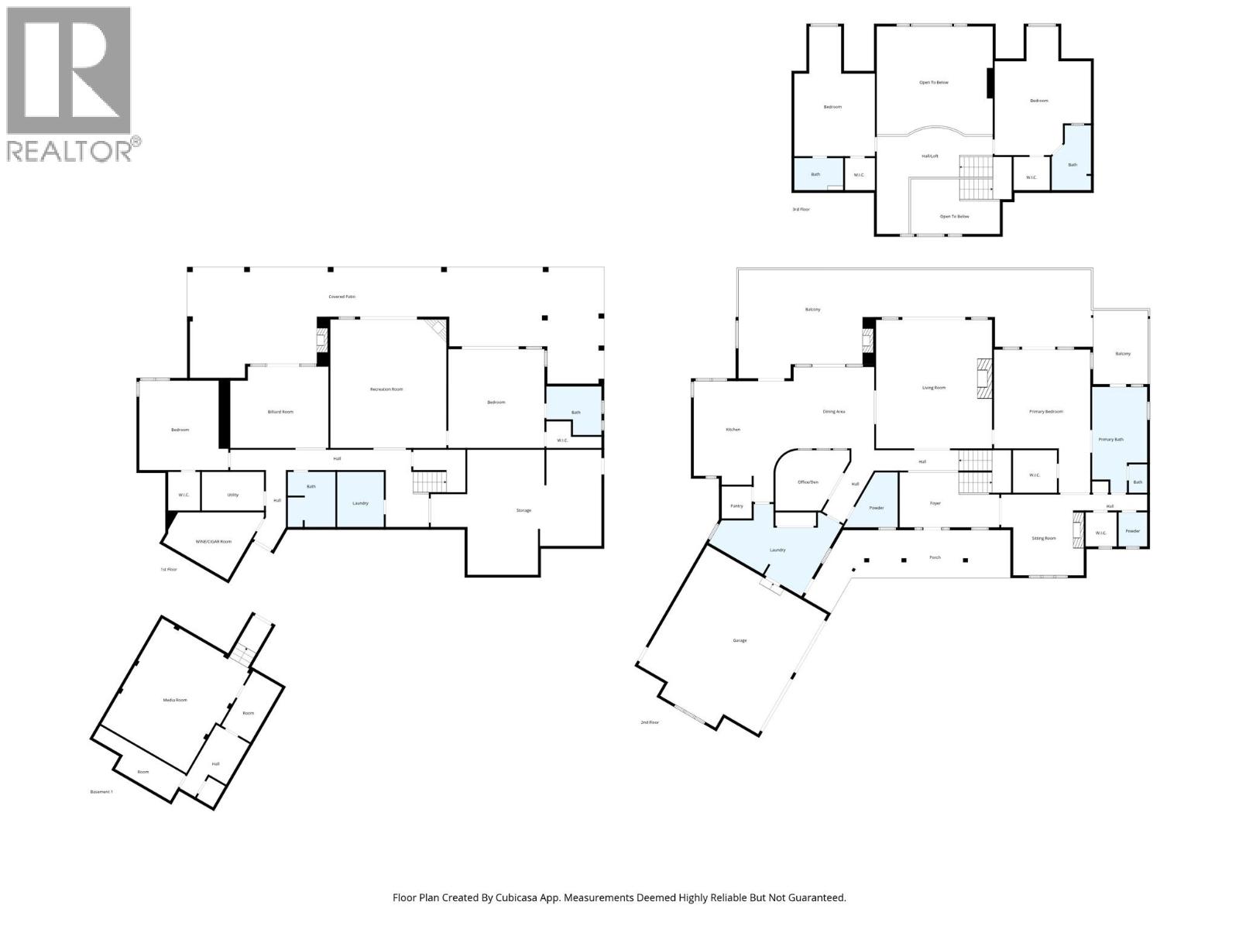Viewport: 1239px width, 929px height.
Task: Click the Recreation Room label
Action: click(x=386, y=389)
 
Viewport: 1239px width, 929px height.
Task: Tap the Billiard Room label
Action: click(x=280, y=412)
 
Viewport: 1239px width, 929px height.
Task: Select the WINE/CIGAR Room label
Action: click(x=215, y=541)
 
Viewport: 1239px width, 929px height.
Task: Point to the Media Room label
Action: click(x=175, y=700)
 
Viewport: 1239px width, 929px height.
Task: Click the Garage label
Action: click(x=740, y=640)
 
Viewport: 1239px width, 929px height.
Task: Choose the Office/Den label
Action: click(x=808, y=482)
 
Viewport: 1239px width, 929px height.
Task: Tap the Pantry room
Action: click(x=736, y=506)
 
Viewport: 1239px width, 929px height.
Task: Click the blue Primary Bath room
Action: click(x=1110, y=439)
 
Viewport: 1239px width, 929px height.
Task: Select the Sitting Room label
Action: click(x=1044, y=538)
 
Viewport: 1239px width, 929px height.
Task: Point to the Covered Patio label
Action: click(x=341, y=297)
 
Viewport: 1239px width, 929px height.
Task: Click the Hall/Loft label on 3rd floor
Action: click(x=930, y=156)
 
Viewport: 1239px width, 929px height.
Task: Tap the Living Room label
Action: click(x=933, y=387)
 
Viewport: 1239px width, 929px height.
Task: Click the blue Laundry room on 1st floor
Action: click(x=360, y=502)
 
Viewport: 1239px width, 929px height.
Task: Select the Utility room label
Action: click(x=233, y=495)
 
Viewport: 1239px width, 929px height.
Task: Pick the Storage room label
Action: click(x=524, y=510)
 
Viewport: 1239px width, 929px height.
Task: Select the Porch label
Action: click(x=935, y=557)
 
